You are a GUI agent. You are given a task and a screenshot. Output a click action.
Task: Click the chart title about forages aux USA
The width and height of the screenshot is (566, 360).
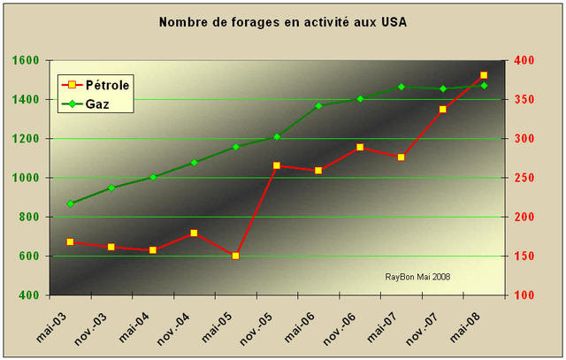pyautogui.click(x=283, y=21)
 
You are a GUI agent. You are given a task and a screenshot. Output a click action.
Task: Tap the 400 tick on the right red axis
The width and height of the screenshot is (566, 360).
pyautogui.click(x=525, y=60)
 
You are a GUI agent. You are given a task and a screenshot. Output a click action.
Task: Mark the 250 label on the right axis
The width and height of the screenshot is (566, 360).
pyautogui.click(x=525, y=178)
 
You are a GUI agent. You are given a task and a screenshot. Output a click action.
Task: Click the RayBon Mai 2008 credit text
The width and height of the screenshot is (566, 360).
pyautogui.click(x=417, y=276)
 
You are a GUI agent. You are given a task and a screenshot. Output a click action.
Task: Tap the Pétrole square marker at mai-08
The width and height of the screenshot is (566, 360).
pyautogui.click(x=484, y=76)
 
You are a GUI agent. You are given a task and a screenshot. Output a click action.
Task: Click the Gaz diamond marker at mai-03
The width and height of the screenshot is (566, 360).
pyautogui.click(x=70, y=203)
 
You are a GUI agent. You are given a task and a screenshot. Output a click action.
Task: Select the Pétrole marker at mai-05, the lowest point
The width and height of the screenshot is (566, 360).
pyautogui.click(x=235, y=256)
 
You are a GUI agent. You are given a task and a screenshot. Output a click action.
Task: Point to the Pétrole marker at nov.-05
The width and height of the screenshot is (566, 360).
pyautogui.click(x=277, y=165)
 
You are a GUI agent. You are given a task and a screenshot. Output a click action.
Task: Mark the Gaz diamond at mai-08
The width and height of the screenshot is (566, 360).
pyautogui.click(x=484, y=86)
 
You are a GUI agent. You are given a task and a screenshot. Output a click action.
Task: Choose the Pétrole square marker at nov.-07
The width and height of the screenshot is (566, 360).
pyautogui.click(x=443, y=110)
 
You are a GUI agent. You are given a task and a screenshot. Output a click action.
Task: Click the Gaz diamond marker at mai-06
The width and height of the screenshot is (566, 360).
pyautogui.click(x=318, y=106)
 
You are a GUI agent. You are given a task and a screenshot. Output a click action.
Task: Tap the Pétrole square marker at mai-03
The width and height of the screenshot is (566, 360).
pyautogui.click(x=70, y=241)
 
